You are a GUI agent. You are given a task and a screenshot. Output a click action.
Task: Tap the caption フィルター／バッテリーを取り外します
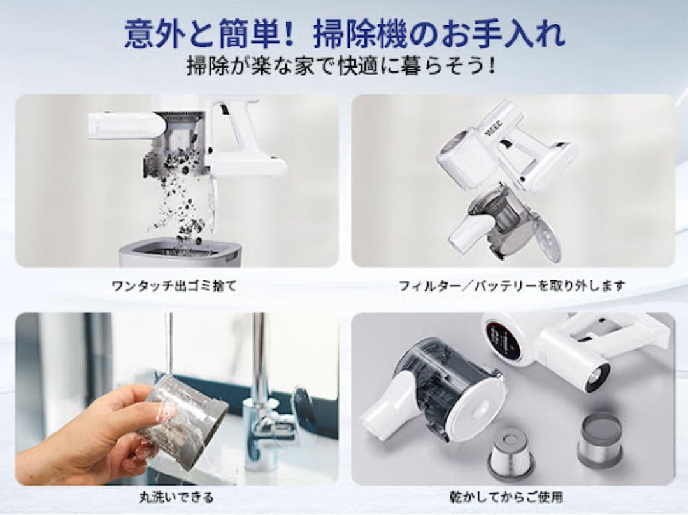click(x=512, y=286)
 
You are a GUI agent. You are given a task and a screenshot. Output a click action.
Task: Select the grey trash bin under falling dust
click(x=181, y=254)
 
